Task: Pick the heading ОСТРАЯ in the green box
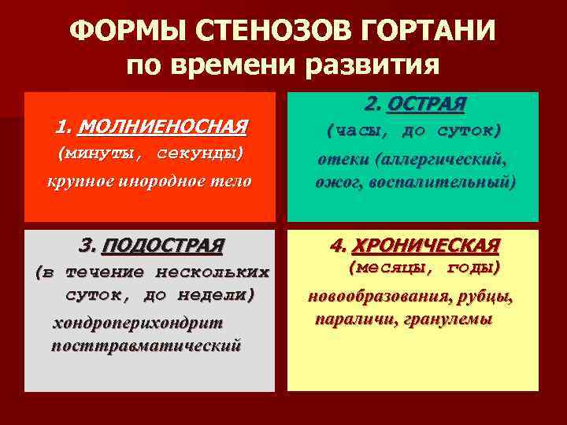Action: [427, 104]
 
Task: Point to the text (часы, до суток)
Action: [413, 130]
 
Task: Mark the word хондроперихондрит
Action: [138, 323]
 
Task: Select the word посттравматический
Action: [146, 346]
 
